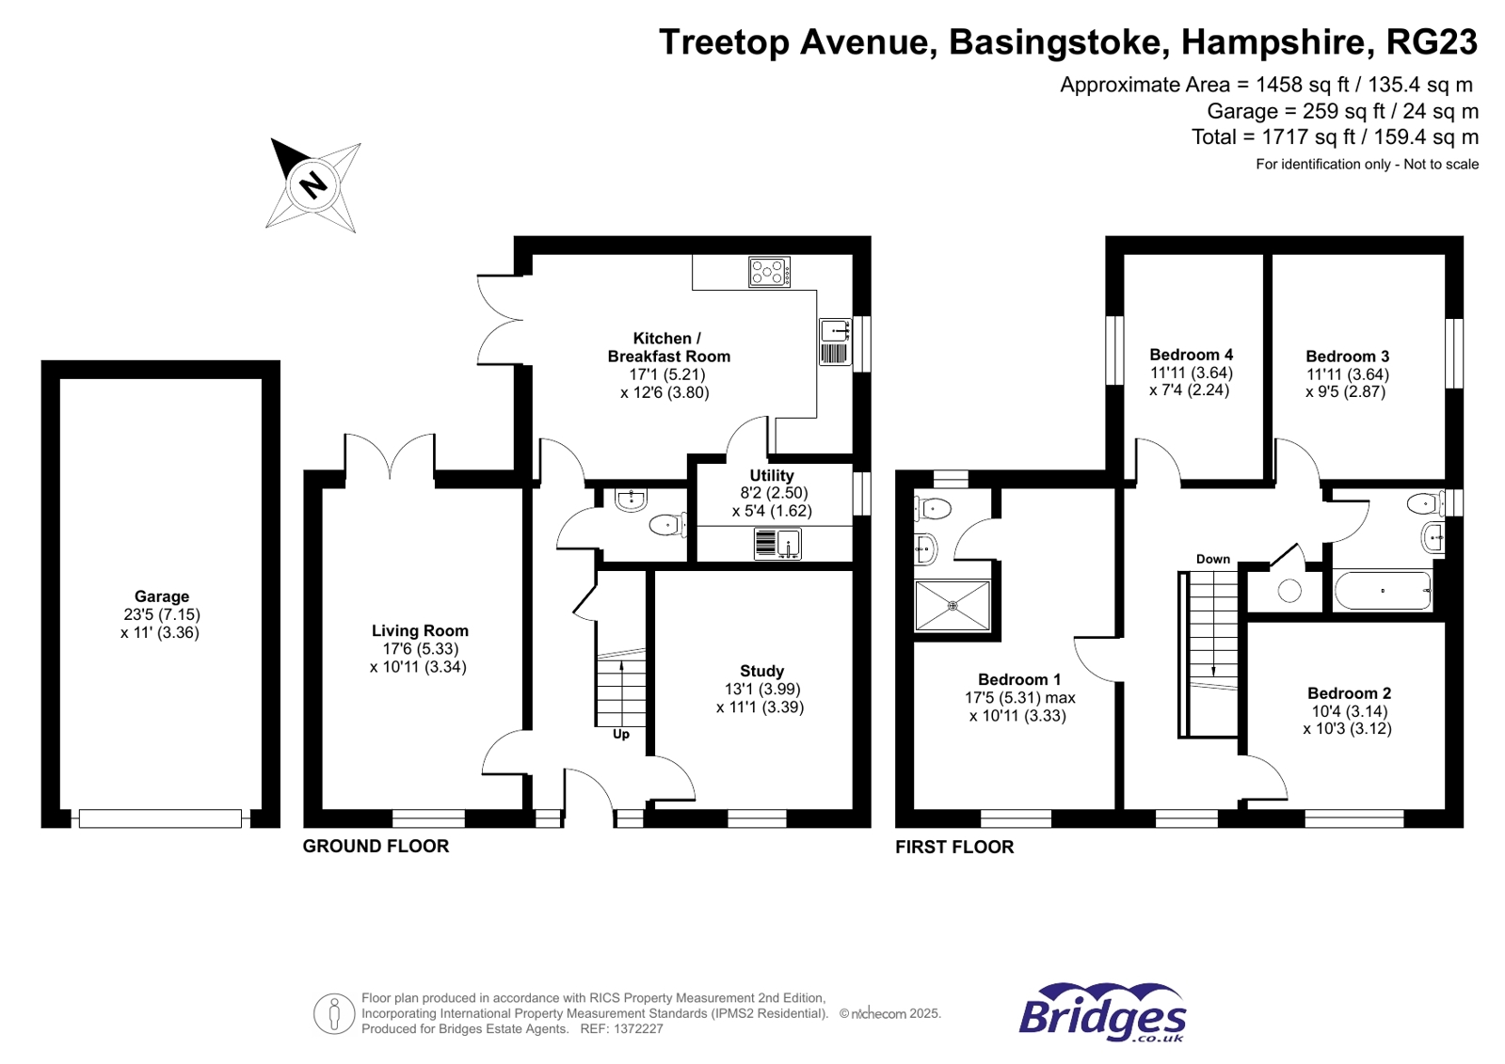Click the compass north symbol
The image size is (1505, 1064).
pyautogui.click(x=312, y=183)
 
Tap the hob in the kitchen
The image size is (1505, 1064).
pyautogui.click(x=769, y=273)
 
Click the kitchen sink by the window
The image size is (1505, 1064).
pyautogui.click(x=835, y=331)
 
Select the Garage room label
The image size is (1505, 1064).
pyautogui.click(x=162, y=596)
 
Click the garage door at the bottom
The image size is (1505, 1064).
pyautogui.click(x=160, y=819)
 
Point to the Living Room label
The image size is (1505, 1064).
pyautogui.click(x=420, y=631)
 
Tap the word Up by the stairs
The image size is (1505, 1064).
pyautogui.click(x=621, y=735)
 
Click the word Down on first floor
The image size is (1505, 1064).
pyautogui.click(x=1212, y=559)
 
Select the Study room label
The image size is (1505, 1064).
pyautogui.click(x=761, y=672)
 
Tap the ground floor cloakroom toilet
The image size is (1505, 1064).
pyautogui.click(x=667, y=525)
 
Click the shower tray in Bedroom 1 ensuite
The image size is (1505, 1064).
pyautogui.click(x=953, y=606)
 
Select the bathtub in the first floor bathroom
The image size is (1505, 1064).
pyautogui.click(x=1382, y=591)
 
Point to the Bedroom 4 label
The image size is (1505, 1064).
pyautogui.click(x=1191, y=355)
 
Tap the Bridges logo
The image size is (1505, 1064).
pyautogui.click(x=1102, y=1013)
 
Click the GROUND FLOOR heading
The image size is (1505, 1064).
pyautogui.click(x=376, y=847)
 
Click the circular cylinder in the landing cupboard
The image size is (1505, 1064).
pyautogui.click(x=1289, y=591)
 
